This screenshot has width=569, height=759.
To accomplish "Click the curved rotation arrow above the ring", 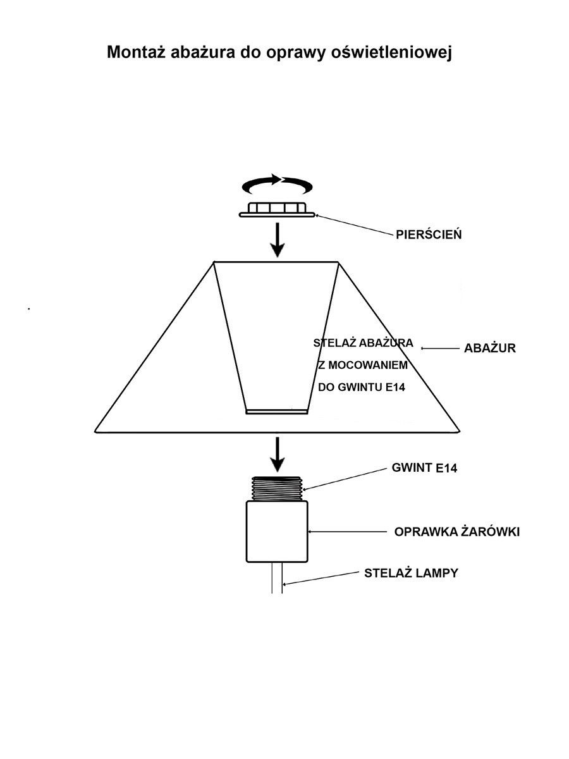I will (278, 184).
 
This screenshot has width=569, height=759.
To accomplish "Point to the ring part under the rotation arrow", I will (277, 210).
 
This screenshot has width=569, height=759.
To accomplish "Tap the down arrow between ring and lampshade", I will (276, 240).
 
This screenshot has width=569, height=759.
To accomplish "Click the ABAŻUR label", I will (490, 348).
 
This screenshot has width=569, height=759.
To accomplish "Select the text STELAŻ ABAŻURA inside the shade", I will (363, 343).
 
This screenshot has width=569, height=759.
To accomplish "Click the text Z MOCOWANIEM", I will (363, 366).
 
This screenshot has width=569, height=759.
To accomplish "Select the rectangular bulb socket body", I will (276, 531).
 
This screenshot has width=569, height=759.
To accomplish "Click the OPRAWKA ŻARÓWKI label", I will (456, 532).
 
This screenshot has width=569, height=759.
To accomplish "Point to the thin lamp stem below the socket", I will (276, 577).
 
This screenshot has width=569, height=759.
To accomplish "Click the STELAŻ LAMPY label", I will (411, 574).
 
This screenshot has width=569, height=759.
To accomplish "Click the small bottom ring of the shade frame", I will (276, 412).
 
